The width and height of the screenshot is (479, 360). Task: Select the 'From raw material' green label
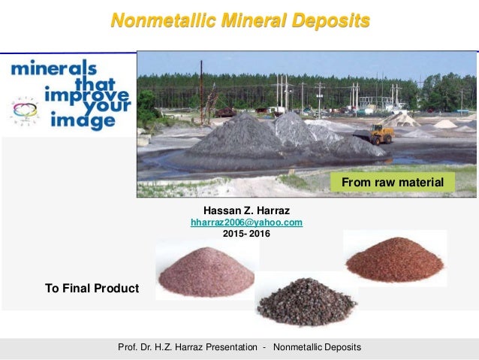click(393, 182)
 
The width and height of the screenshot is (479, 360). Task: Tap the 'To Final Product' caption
click(92, 288)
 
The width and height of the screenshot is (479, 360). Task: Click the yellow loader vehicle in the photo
click(381, 134)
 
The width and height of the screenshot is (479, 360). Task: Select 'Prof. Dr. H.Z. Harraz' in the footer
click(159, 347)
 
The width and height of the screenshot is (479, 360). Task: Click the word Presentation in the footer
click(230, 347)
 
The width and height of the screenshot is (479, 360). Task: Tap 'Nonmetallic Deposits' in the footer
click(317, 347)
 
